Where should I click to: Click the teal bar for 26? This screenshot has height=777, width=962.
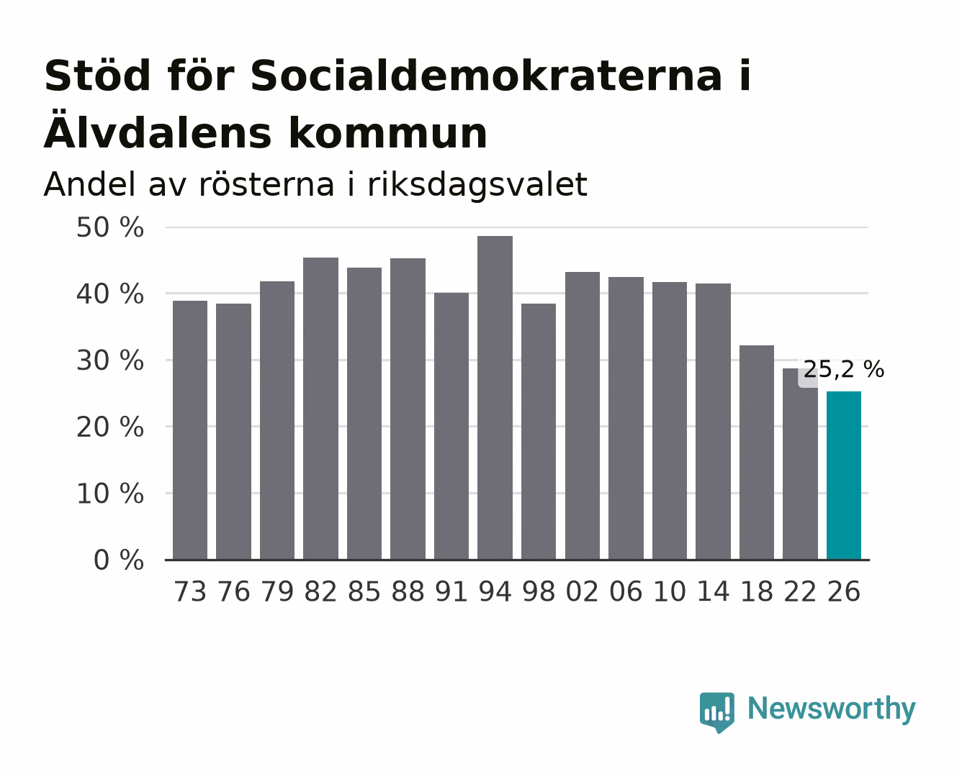point(844,476)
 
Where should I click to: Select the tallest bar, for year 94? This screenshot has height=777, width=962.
point(495,398)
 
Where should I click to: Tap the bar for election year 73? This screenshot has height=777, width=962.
point(190,430)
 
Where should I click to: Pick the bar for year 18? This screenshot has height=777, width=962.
point(757,453)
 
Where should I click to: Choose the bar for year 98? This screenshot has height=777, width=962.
point(539,432)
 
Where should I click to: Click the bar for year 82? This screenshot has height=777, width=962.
point(320,409)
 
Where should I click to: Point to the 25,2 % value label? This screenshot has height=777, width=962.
point(844,370)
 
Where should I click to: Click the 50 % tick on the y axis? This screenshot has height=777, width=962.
point(109,227)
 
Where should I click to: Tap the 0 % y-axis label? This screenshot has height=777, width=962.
point(118,560)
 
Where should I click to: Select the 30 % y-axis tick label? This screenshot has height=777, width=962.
point(109,361)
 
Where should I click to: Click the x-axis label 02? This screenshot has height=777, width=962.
point(582,591)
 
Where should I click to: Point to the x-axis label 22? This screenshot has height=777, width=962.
point(800,591)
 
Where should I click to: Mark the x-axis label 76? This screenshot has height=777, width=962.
point(233,591)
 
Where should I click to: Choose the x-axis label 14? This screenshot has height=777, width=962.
point(713,591)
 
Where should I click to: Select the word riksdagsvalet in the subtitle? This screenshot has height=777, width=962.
point(477,185)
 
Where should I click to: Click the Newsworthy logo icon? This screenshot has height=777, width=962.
point(716,712)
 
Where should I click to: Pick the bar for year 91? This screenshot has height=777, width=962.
point(451,426)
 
